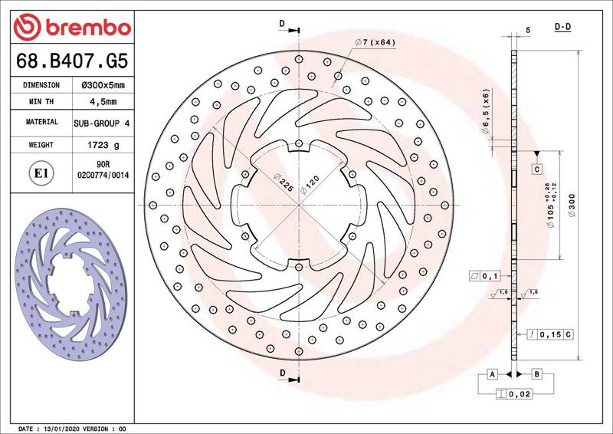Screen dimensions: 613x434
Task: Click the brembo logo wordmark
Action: (x=88, y=28)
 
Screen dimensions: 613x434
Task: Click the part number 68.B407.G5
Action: (x=72, y=61)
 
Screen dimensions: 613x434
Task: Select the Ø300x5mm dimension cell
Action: (x=103, y=85)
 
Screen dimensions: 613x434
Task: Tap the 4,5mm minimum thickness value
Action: (x=103, y=102)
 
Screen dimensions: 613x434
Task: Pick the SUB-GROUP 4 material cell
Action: (x=102, y=123)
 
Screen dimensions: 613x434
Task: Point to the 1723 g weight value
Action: (x=103, y=145)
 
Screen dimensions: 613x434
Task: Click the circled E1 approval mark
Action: (x=41, y=173)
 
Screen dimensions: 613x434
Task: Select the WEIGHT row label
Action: (x=41, y=145)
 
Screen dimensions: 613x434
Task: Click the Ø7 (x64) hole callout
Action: (x=375, y=42)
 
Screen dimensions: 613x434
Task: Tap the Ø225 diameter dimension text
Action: (x=284, y=182)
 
